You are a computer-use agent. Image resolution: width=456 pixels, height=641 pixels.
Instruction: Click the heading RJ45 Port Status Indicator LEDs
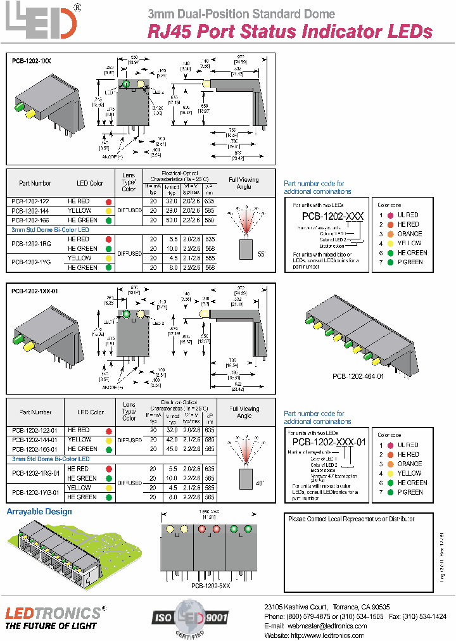point(289,32)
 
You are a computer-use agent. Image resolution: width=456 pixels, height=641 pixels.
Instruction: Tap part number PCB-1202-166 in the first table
point(30,220)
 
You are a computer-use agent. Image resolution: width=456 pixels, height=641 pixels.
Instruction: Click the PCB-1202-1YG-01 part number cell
point(35,492)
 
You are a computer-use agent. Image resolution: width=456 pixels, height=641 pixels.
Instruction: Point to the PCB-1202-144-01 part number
point(35,440)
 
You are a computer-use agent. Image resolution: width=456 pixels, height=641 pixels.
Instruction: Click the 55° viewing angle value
point(262,253)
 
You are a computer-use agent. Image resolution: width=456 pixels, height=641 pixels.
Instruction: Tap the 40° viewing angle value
point(260,483)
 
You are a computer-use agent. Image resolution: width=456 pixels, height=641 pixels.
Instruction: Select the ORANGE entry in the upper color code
point(409,234)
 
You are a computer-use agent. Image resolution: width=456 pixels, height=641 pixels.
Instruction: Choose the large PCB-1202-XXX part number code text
point(327,216)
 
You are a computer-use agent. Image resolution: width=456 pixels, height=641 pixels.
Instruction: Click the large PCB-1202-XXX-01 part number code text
point(329,443)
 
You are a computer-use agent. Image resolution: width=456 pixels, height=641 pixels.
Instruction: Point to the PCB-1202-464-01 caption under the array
point(358,376)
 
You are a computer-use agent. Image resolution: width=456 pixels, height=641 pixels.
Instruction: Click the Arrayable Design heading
point(39,512)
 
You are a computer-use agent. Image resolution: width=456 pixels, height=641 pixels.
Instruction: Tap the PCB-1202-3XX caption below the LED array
point(210,587)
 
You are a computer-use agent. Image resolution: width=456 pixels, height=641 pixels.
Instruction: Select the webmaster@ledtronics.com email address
point(324,625)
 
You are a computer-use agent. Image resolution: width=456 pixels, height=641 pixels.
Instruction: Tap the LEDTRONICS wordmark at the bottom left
point(53,612)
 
